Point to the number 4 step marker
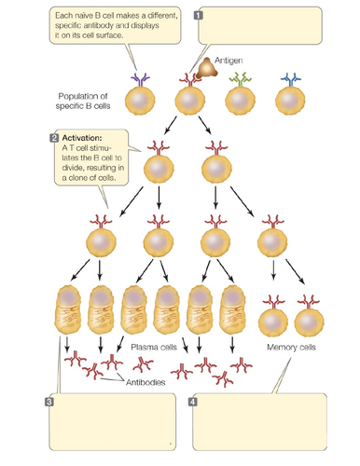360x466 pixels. click(193, 402)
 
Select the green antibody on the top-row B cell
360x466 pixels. click(242, 80)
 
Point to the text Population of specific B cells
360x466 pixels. click(84, 101)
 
